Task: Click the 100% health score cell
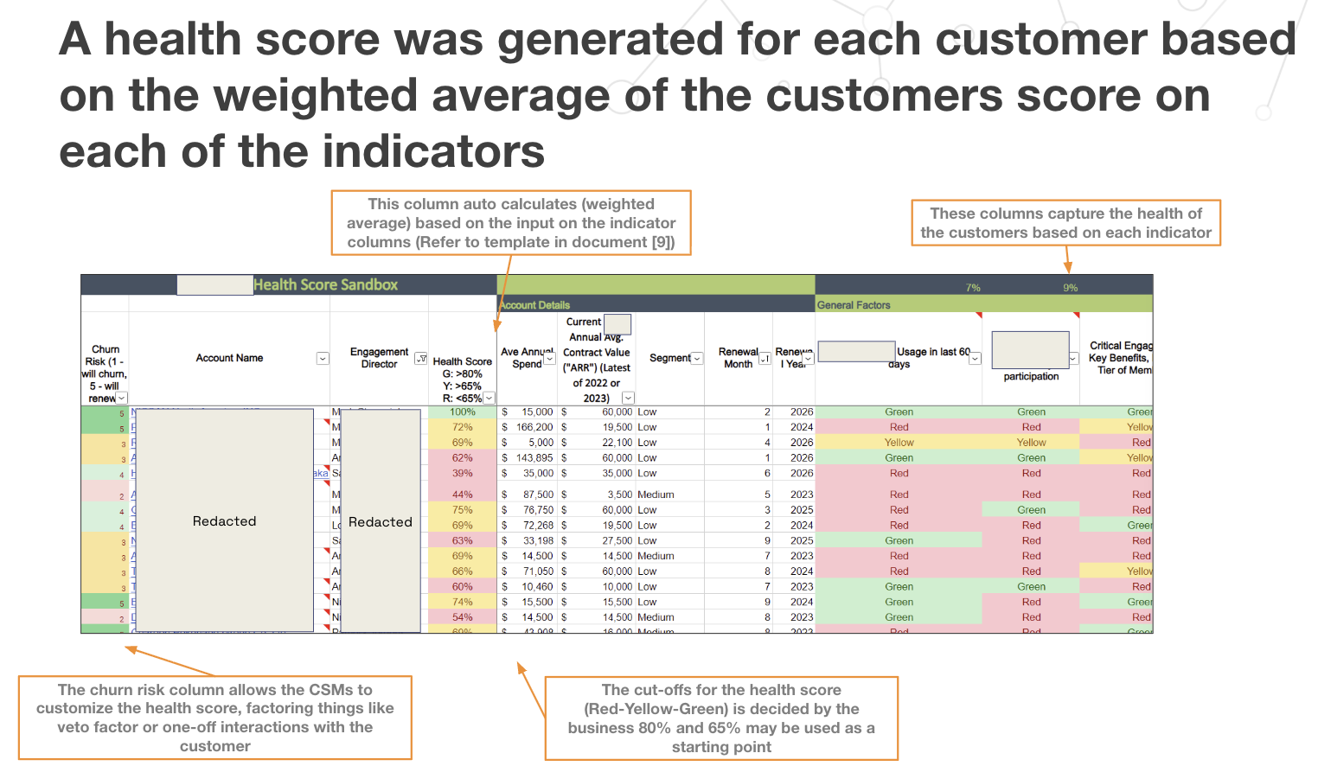[463, 412]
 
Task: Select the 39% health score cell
[463, 474]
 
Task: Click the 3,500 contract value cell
[618, 495]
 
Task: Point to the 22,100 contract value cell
[617, 443]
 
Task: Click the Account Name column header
[229, 358]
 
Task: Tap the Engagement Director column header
[379, 358]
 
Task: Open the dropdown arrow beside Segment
[697, 359]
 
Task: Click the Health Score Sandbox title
[325, 285]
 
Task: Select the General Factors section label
[854, 305]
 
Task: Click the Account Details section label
[535, 305]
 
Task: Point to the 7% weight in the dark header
[973, 288]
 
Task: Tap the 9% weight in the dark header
[1071, 288]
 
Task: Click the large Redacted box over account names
[224, 521]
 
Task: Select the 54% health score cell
[463, 618]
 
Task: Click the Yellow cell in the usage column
[899, 443]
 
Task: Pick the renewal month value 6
[767, 474]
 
